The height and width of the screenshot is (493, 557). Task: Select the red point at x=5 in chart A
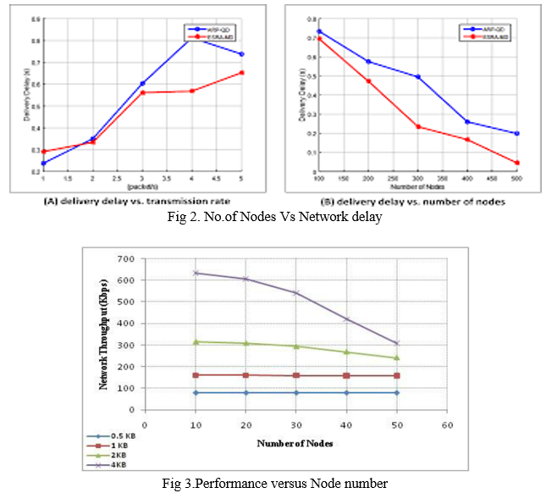coord(242,73)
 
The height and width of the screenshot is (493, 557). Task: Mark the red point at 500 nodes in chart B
coord(516,163)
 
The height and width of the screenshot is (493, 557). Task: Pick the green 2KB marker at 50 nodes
coord(396,357)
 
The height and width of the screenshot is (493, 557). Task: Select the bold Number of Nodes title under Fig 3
coord(295,442)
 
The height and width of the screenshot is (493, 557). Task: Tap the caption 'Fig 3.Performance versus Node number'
coord(276,484)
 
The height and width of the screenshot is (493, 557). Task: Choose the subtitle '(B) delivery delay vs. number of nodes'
coord(413,203)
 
